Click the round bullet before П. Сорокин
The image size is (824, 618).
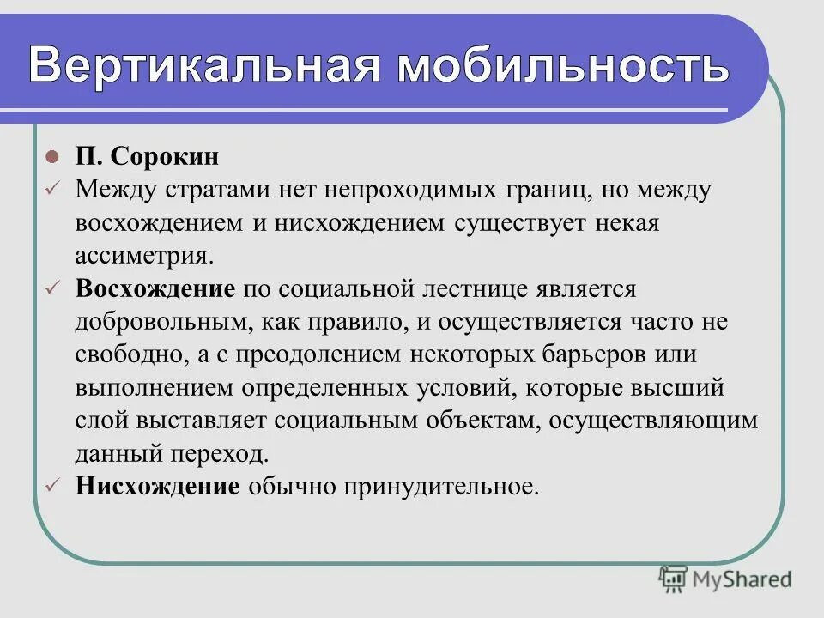tap(52, 158)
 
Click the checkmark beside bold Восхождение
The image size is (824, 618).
tap(52, 288)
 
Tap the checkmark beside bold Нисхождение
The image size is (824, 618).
tap(52, 487)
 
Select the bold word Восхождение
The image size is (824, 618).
tap(155, 288)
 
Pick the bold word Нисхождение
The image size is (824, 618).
tap(157, 487)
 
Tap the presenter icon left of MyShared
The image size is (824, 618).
tap(674, 579)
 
